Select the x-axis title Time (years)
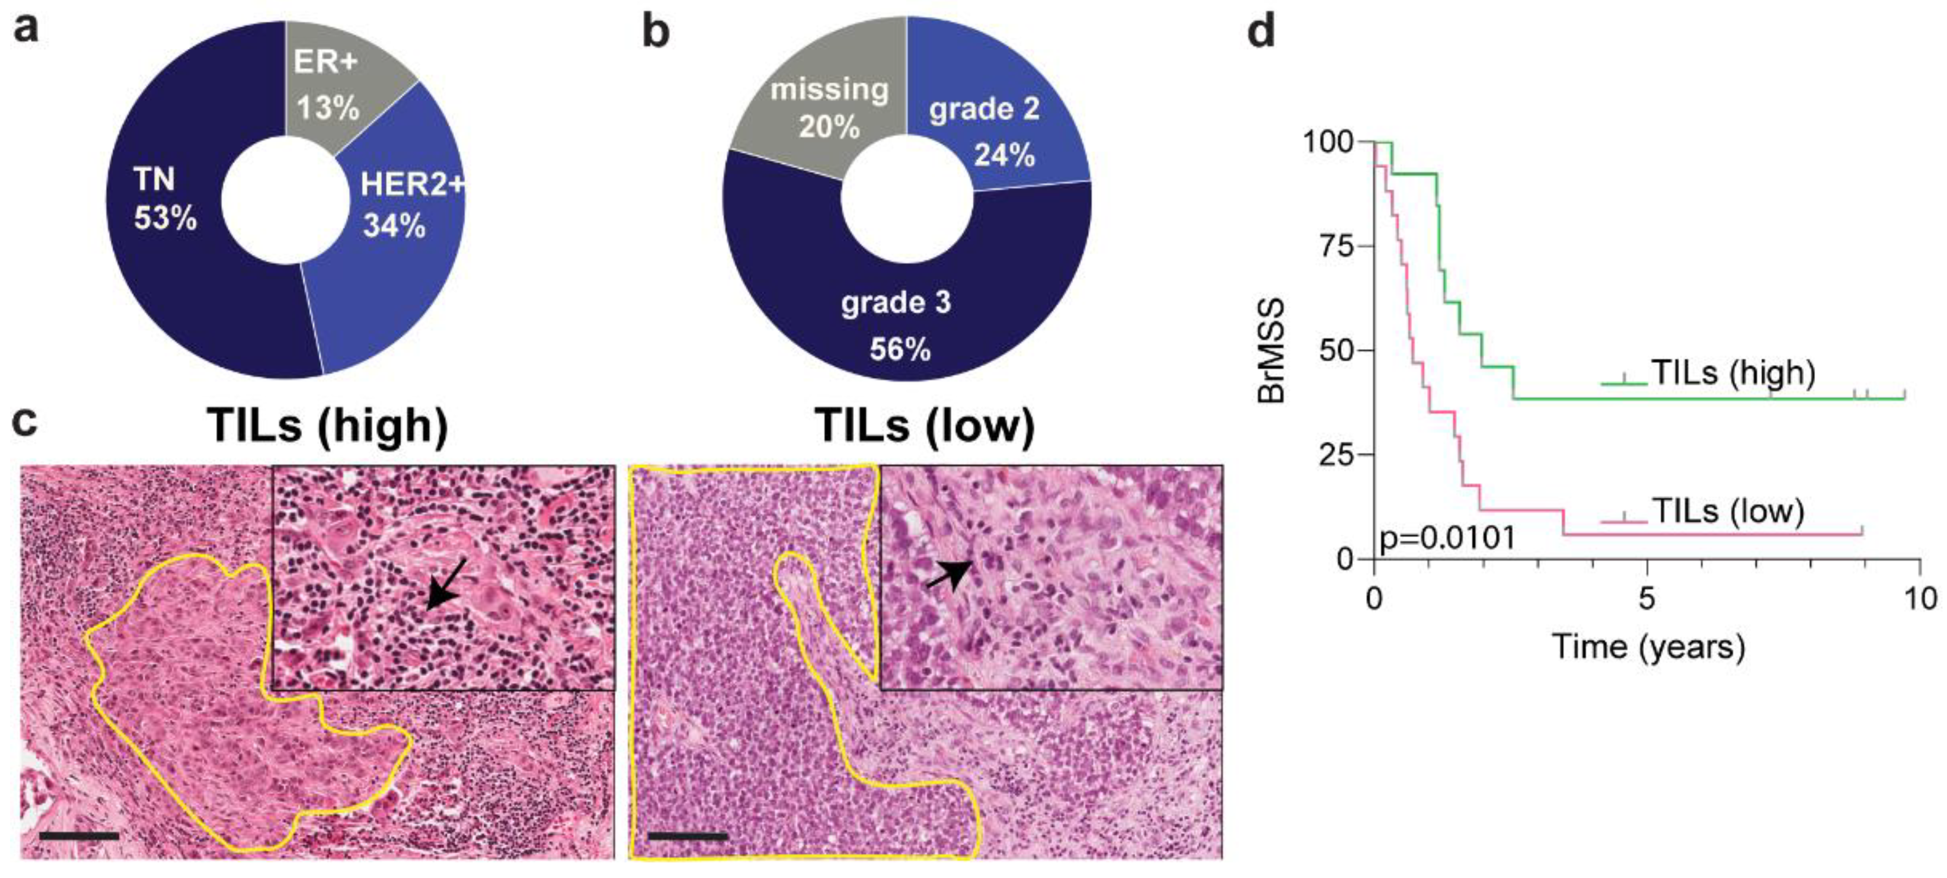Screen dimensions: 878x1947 click(1648, 647)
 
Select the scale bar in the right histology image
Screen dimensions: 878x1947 click(688, 836)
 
